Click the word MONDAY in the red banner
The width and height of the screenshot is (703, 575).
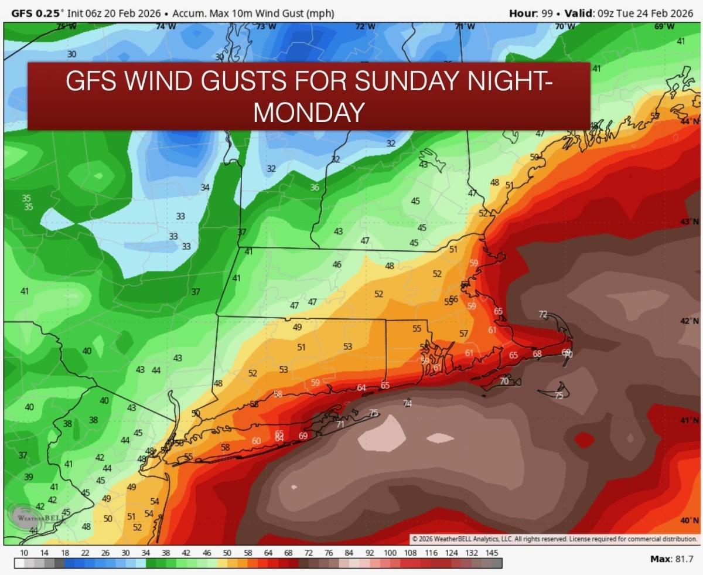(308, 111)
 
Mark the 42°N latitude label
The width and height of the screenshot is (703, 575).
(689, 321)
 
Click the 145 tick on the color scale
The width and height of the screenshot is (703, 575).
(492, 553)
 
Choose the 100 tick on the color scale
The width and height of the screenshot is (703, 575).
(390, 553)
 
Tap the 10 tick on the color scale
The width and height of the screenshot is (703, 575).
(24, 553)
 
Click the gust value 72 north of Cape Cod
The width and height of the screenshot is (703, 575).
(543, 315)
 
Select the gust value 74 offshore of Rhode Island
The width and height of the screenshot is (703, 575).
(408, 403)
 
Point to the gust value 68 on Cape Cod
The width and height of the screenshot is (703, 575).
(537, 353)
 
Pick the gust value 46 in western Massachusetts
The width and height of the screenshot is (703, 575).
(337, 264)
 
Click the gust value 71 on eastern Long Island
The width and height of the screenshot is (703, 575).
(340, 424)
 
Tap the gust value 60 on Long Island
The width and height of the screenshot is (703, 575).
(256, 441)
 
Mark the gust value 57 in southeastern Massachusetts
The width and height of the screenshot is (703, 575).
(463, 334)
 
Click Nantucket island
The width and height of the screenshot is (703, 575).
(554, 397)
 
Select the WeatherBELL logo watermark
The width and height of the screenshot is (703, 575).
(36, 518)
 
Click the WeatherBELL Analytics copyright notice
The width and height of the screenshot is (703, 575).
(554, 538)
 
